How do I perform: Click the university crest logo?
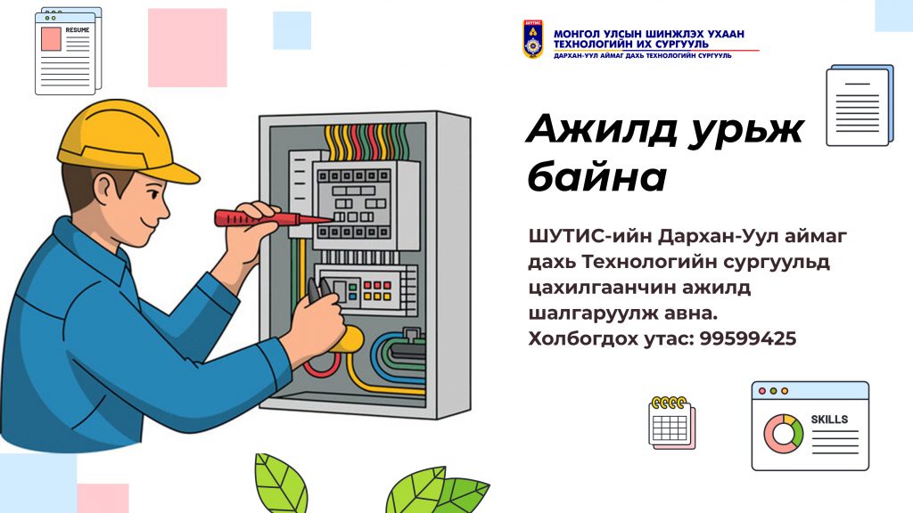(x=533, y=39)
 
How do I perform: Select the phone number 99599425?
(x=748, y=338)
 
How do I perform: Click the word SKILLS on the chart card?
(x=829, y=419)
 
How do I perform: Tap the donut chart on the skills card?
(x=783, y=434)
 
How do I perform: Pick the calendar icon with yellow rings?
(x=672, y=423)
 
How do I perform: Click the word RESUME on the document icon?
(x=78, y=30)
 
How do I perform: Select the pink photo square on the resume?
(x=51, y=39)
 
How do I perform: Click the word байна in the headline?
(x=596, y=177)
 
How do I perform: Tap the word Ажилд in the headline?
(x=601, y=130)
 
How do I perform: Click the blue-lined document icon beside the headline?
(x=860, y=105)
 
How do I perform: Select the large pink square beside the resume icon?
(x=187, y=48)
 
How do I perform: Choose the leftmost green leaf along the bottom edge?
(x=281, y=483)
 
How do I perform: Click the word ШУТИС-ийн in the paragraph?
(x=590, y=236)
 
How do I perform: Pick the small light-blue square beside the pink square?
(x=292, y=30)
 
